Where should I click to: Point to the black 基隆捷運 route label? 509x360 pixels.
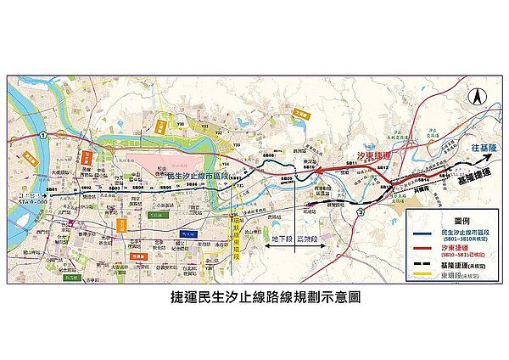[468, 180]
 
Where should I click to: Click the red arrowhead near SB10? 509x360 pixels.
[321, 172]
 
